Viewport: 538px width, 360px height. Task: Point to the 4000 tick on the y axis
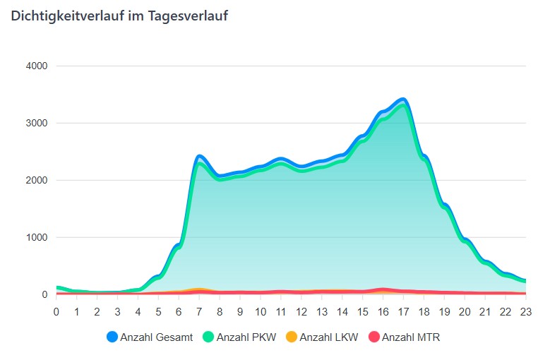[x=35, y=66]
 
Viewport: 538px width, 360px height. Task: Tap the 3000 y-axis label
[x=35, y=124]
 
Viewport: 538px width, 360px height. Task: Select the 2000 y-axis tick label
[x=35, y=181]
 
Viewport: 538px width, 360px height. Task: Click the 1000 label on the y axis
[x=35, y=238]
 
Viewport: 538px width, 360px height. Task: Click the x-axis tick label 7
[x=199, y=311]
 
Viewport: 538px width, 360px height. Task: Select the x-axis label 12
[x=301, y=311]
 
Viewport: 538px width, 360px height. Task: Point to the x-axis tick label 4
[x=138, y=311]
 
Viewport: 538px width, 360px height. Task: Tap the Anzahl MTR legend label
[x=411, y=337]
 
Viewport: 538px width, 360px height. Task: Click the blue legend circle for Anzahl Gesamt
[x=112, y=337]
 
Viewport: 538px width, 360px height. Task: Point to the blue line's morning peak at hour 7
[x=200, y=155]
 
